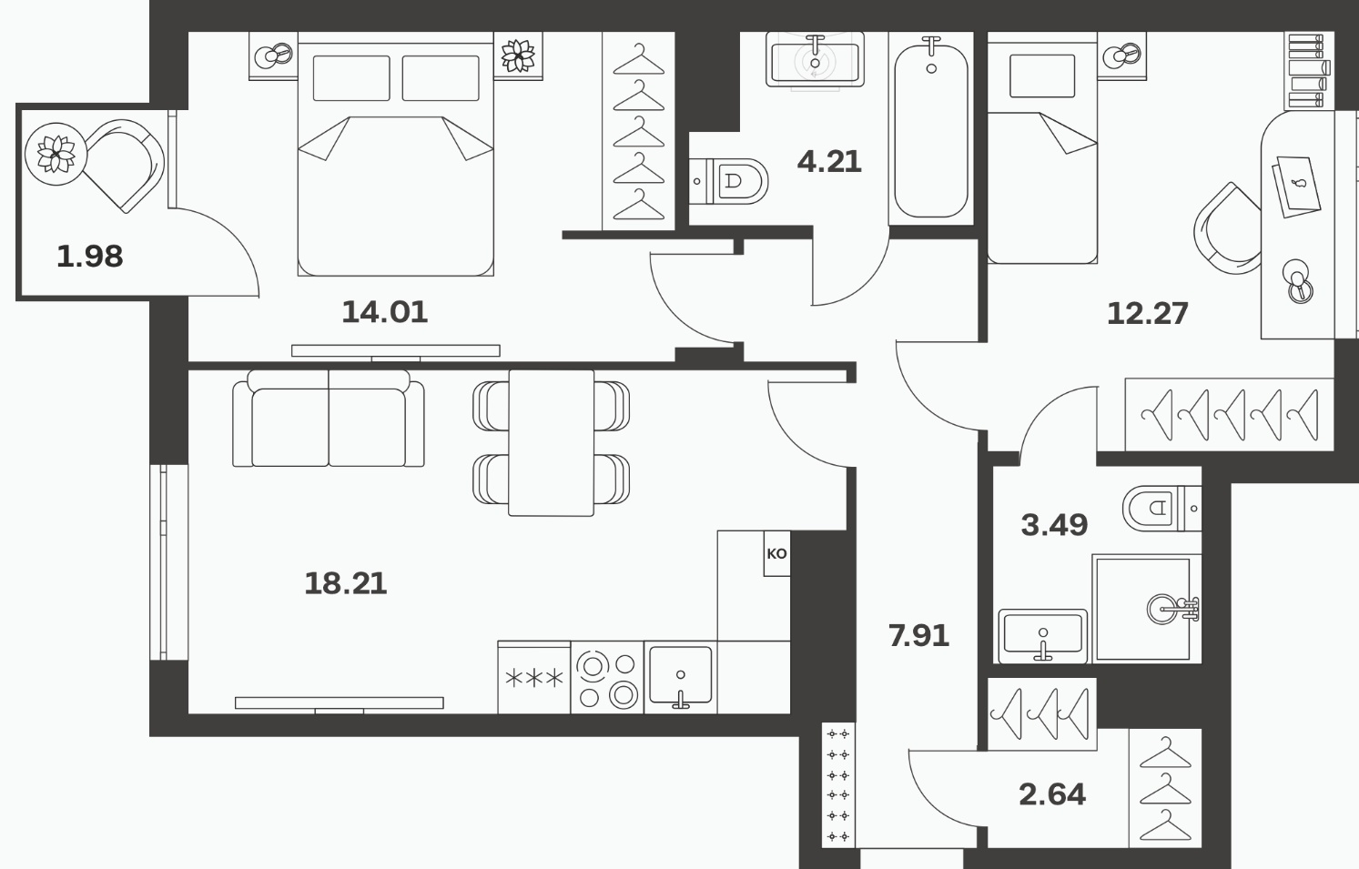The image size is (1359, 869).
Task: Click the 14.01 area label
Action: (x=385, y=312)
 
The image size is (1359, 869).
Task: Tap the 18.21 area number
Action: (x=345, y=583)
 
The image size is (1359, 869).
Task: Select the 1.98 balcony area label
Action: (x=90, y=257)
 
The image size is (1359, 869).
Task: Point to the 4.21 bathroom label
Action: (x=828, y=162)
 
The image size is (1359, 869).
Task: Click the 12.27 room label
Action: (x=1147, y=314)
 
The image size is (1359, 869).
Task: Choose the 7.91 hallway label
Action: (x=918, y=636)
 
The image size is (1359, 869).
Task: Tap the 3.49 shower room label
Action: (x=1054, y=524)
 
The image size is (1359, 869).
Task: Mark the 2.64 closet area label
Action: (x=1052, y=794)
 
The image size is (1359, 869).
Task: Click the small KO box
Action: (x=776, y=553)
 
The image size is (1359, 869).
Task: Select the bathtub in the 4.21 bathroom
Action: (x=930, y=128)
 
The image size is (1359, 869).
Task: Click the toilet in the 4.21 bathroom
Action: (x=728, y=181)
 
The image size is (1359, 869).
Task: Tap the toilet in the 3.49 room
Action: (x=1161, y=508)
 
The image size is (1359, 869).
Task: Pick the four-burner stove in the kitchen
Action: (x=607, y=677)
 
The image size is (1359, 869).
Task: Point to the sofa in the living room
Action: (x=329, y=419)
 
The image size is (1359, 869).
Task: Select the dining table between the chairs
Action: (x=551, y=443)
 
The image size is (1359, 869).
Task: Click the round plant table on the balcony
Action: (x=56, y=154)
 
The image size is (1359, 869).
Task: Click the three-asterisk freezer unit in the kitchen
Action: (x=534, y=677)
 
